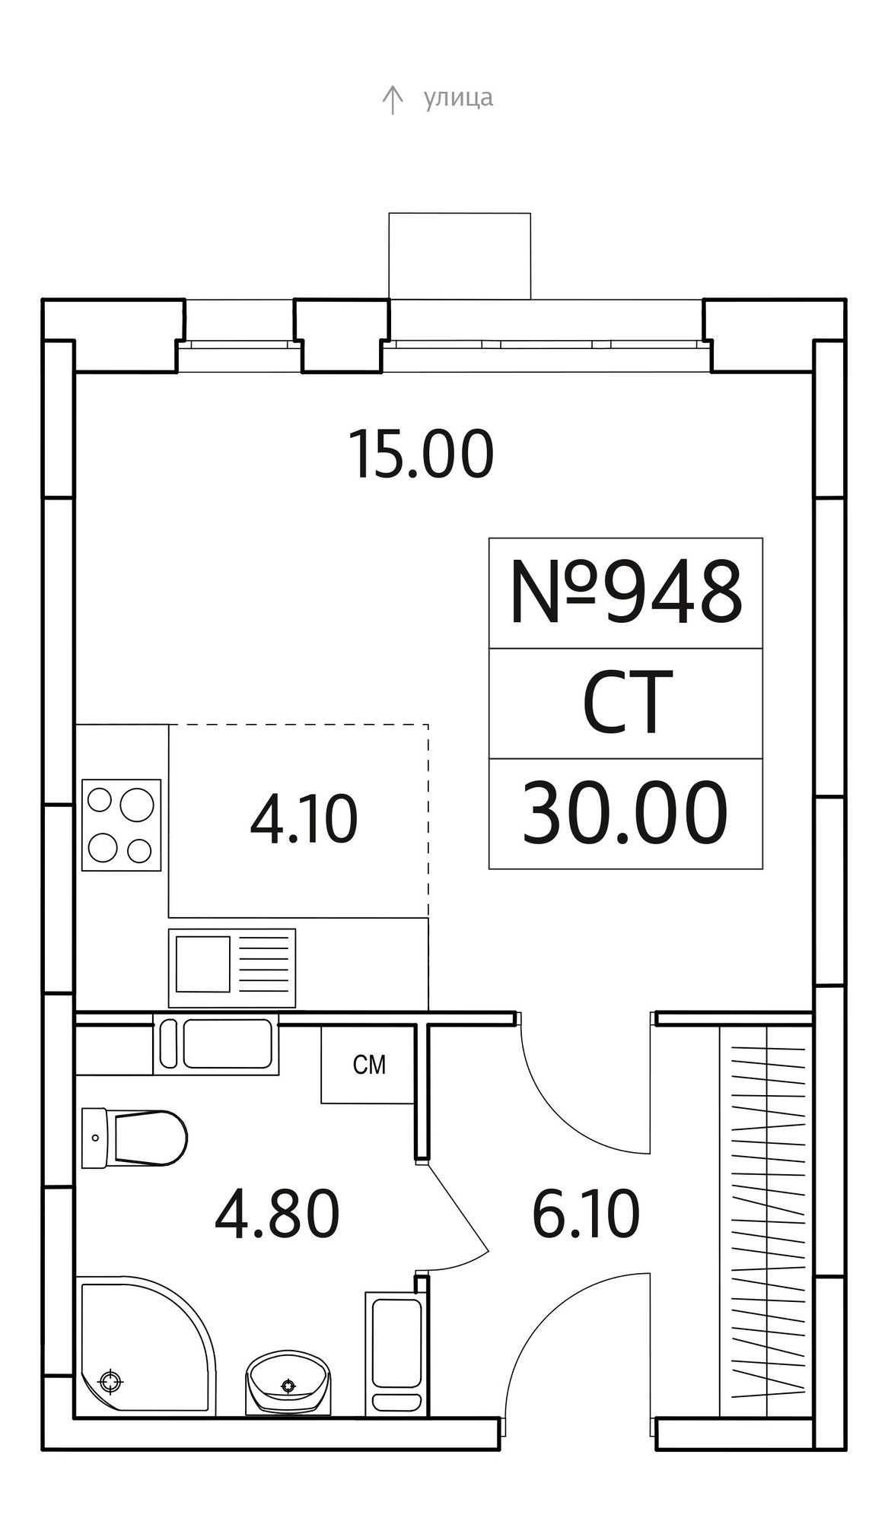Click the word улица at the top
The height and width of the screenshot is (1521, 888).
pyautogui.click(x=458, y=98)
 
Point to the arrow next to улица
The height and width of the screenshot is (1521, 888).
pyautogui.click(x=392, y=100)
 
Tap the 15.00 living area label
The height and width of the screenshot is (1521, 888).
pyautogui.click(x=421, y=455)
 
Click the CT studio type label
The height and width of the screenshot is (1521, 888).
pyautogui.click(x=626, y=703)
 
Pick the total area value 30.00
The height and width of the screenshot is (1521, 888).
pyautogui.click(x=625, y=814)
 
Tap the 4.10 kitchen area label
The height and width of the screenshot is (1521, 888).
pyautogui.click(x=304, y=821)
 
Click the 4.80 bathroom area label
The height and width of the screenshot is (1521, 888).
pyautogui.click(x=277, y=1215)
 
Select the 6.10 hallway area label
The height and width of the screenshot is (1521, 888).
pyautogui.click(x=585, y=1215)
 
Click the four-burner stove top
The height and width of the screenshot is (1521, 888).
pyautogui.click(x=122, y=824)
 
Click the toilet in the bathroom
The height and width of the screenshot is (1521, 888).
pyautogui.click(x=134, y=1138)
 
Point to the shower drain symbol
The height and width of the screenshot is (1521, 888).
pyautogui.click(x=110, y=1380)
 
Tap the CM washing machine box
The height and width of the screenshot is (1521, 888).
pyautogui.click(x=368, y=1064)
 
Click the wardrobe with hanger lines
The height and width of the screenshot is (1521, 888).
pyautogui.click(x=766, y=1209)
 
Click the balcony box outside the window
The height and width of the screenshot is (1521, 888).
pyautogui.click(x=460, y=256)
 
